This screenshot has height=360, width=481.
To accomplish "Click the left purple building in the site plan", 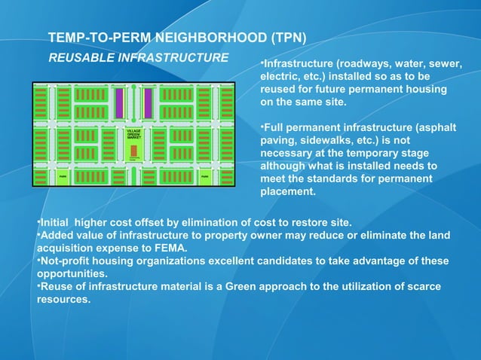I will pyautogui.click(x=119, y=103).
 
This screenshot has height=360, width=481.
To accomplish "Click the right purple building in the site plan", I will pyautogui.click(x=149, y=103).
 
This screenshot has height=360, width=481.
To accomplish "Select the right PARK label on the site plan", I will pyautogui.click(x=204, y=178).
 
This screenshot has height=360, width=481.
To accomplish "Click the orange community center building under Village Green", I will pyautogui.click(x=133, y=151).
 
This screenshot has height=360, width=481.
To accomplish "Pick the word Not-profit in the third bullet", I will pyautogui.click(x=64, y=261).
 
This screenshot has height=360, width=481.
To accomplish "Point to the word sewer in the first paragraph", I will pyautogui.click(x=445, y=63).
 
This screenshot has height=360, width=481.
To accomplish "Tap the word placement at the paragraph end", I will pyautogui.click(x=288, y=191).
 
